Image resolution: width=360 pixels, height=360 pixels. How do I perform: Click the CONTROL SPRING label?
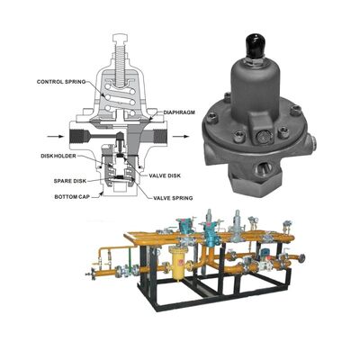60,83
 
